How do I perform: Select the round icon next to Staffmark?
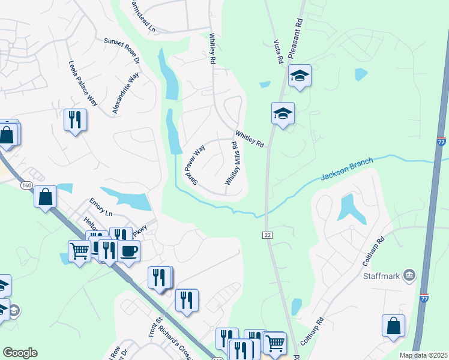point(409,275)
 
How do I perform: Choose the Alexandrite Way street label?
point(125,93)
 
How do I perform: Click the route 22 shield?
point(267,234)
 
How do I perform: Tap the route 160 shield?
point(26,185)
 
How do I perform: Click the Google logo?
point(20,353)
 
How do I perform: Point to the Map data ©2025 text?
point(423,355)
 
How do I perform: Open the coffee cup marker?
point(128,250)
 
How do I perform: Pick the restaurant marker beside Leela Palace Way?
point(75,119)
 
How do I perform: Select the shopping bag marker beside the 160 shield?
point(45,196)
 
